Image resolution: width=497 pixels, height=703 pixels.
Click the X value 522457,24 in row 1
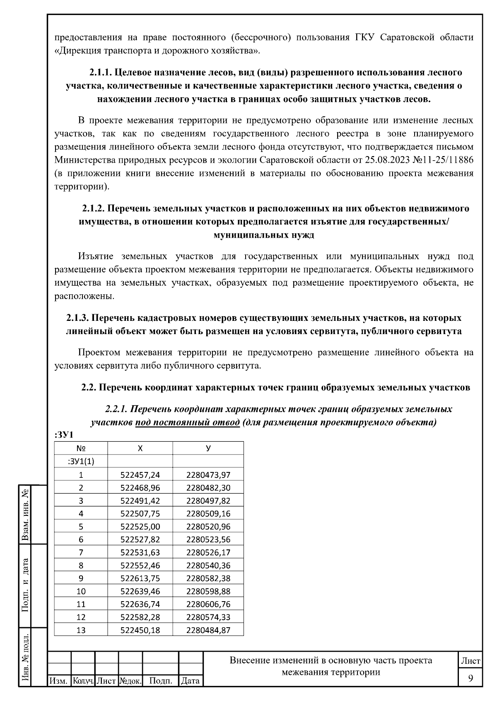tap(140, 475)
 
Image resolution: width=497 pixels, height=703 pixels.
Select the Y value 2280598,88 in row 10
tap(208, 591)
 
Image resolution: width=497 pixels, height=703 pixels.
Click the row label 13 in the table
tap(81, 630)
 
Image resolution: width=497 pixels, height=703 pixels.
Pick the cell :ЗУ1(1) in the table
tap(81, 462)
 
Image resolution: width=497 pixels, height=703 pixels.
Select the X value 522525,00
tap(140, 527)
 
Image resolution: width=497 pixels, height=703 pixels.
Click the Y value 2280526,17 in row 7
tap(208, 552)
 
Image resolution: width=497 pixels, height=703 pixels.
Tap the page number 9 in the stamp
tap(470, 678)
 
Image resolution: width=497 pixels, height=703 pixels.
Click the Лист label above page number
tap(470, 661)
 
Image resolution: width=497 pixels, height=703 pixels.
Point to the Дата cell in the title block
tap(191, 681)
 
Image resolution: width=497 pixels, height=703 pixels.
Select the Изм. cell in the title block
tap(59, 681)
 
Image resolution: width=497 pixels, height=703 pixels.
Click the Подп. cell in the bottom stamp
tap(160, 681)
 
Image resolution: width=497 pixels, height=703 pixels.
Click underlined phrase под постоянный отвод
tap(187, 423)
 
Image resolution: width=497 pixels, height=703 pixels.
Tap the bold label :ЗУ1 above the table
tap(63, 435)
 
